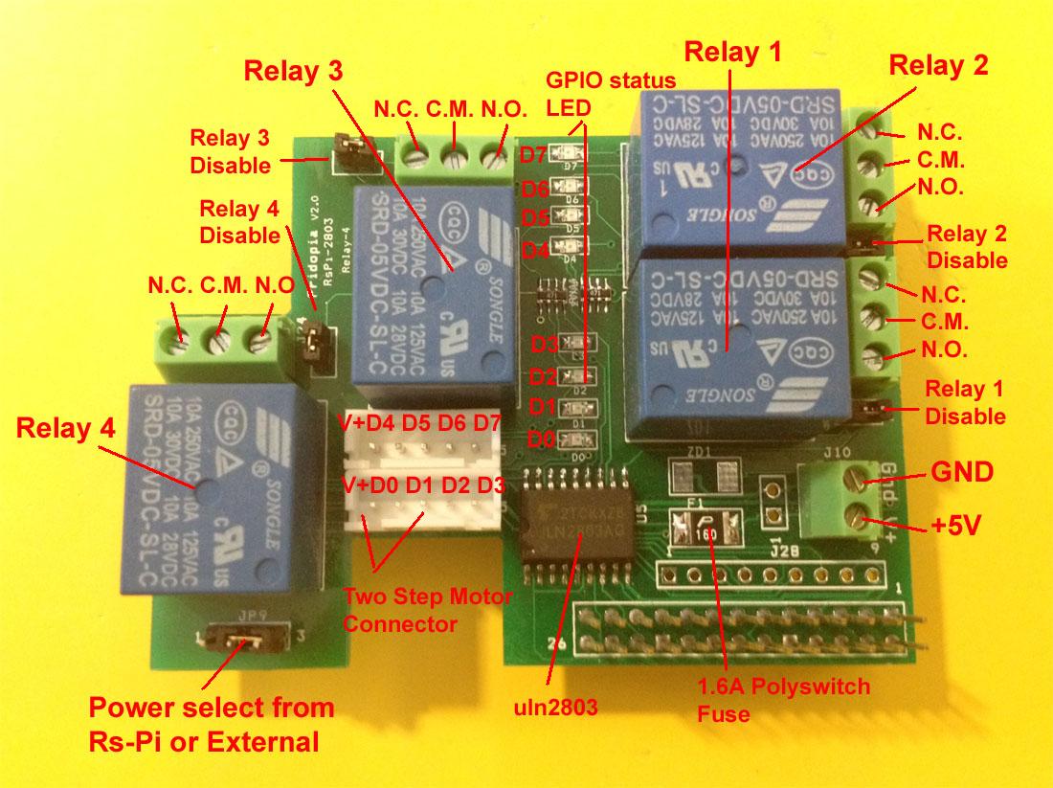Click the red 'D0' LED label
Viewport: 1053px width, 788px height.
point(543,440)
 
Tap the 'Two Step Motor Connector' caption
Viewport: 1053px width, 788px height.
point(427,611)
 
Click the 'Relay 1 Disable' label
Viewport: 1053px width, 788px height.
point(966,402)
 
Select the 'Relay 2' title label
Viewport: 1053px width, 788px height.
point(938,67)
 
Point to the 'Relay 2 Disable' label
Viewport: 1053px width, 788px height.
point(967,246)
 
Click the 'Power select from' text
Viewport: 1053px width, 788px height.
point(212,709)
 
